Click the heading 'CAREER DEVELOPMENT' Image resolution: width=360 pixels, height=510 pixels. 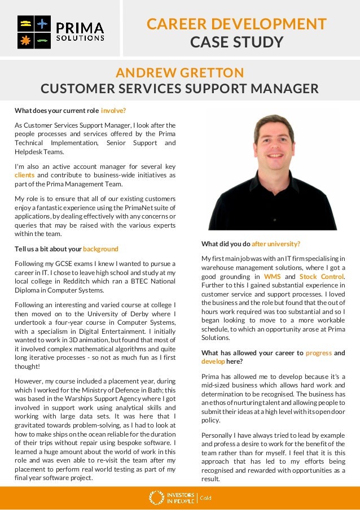(x=236, y=24)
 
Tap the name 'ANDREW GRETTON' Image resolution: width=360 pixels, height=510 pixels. (x=179, y=73)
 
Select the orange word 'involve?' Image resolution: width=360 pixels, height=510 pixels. (x=113, y=110)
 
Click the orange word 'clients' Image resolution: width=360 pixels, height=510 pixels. (x=24, y=175)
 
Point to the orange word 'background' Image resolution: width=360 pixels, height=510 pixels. (x=100, y=249)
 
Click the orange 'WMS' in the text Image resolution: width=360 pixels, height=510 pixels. (x=273, y=277)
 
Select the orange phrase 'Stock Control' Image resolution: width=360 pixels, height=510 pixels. (x=321, y=277)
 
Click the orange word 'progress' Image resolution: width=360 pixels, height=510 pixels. (x=318, y=353)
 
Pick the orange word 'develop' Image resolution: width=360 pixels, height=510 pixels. (x=213, y=361)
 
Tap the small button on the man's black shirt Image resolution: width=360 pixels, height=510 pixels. (x=274, y=219)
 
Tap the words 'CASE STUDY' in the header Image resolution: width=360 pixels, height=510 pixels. (x=236, y=42)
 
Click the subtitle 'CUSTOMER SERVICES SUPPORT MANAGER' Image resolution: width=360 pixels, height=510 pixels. (x=179, y=89)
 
